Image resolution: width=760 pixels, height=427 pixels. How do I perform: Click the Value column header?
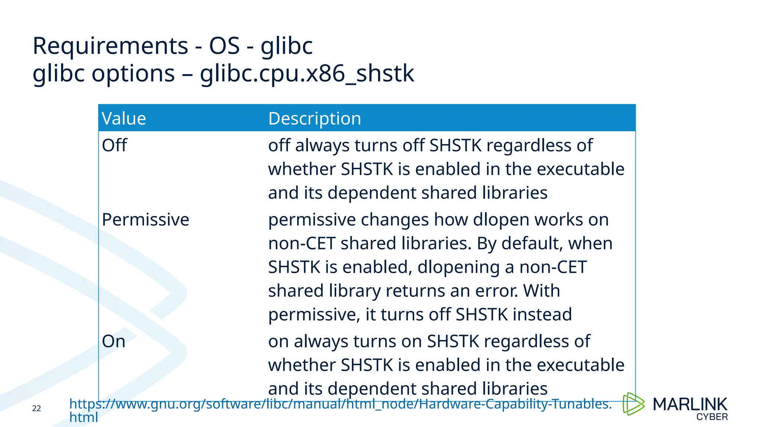tap(124, 119)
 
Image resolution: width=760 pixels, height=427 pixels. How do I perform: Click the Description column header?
tap(314, 119)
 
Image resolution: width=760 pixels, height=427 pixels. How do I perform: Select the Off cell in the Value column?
tap(114, 145)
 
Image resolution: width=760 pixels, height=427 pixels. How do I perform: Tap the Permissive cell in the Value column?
tap(145, 220)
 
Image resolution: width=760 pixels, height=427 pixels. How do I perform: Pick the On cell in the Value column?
tap(114, 341)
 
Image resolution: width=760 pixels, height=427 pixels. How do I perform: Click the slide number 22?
tap(36, 408)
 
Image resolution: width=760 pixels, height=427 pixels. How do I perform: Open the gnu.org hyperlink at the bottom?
tap(340, 404)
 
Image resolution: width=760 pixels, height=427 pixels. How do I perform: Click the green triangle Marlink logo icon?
tap(633, 404)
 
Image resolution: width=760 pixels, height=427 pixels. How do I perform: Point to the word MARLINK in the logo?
tap(690, 404)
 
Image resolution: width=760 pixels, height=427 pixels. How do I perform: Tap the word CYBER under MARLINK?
tap(712, 417)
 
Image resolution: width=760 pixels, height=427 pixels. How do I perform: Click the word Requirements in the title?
tap(110, 46)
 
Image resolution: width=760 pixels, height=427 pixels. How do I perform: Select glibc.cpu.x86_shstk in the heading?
tap(307, 73)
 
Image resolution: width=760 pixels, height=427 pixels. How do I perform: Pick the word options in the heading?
tap(133, 73)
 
